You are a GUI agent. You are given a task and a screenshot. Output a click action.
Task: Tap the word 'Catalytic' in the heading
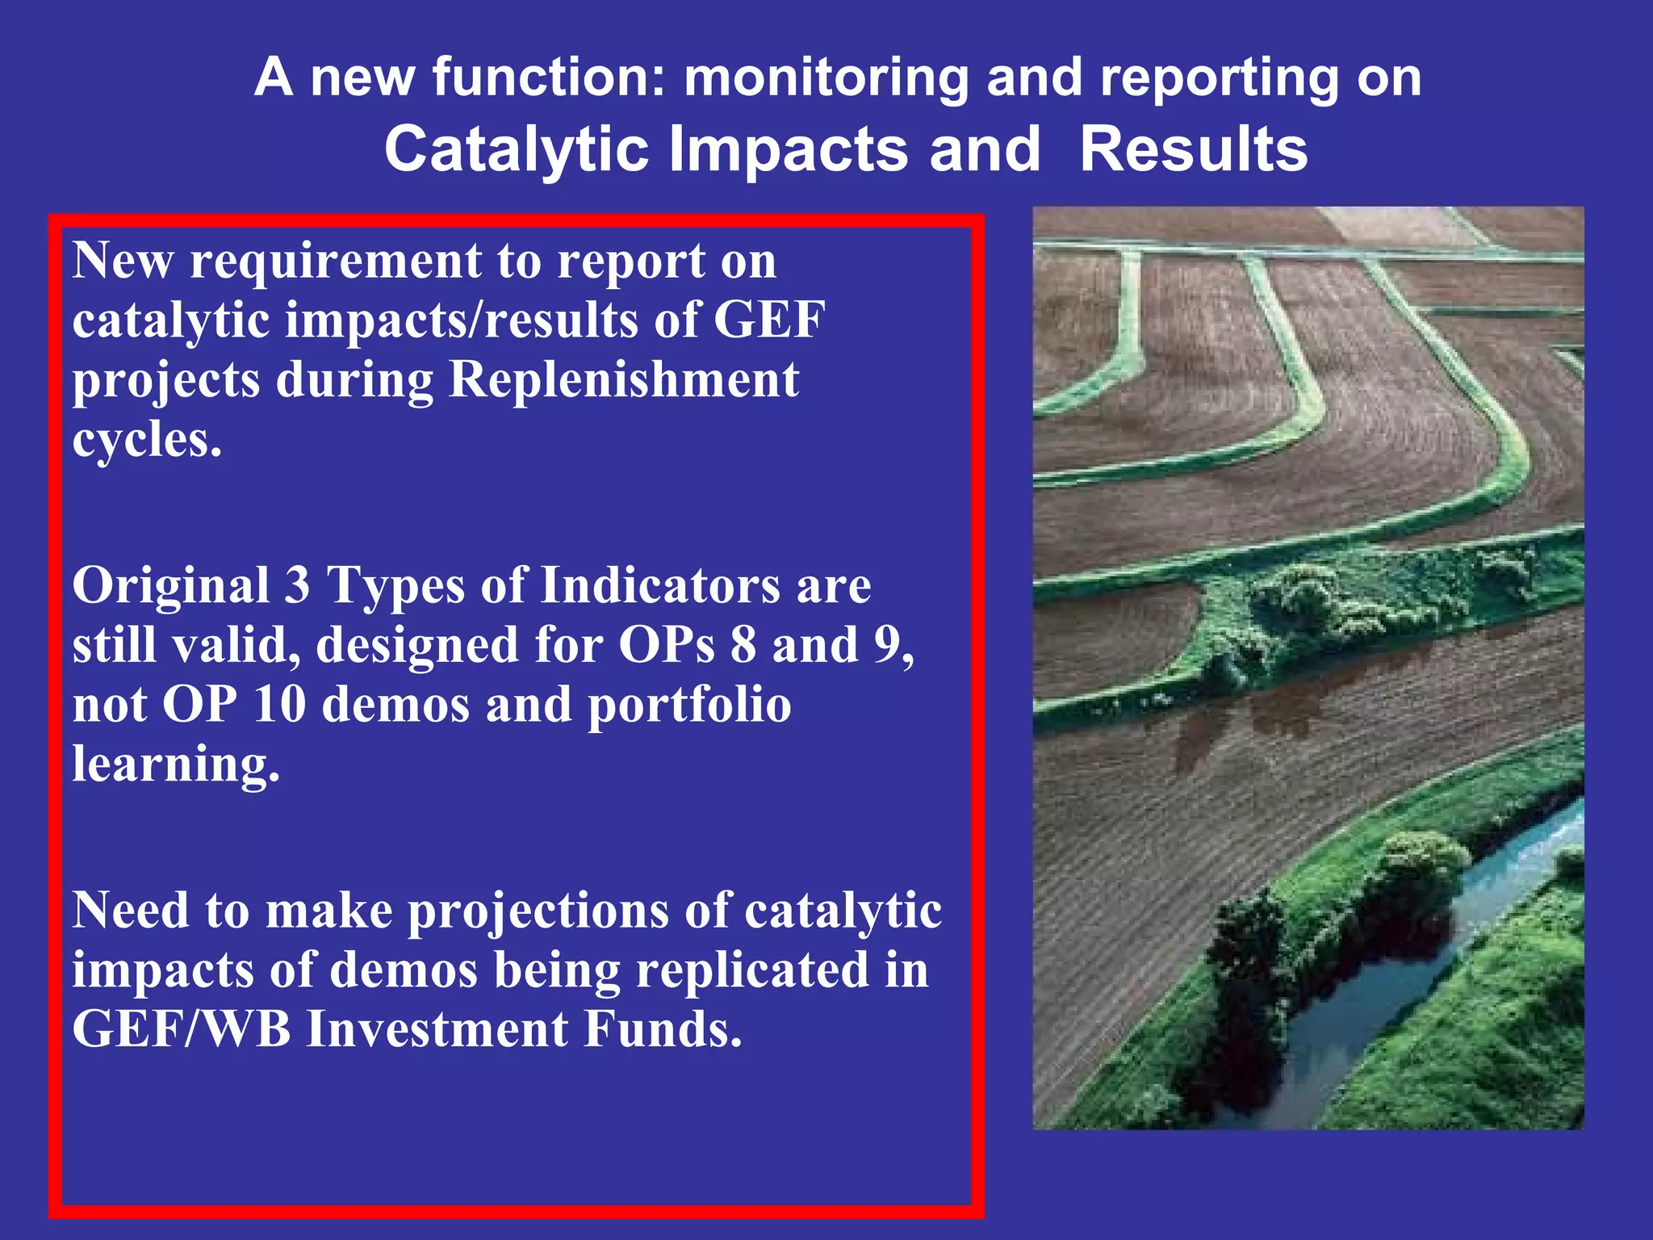click(x=517, y=151)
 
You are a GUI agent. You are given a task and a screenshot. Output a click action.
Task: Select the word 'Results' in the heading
click(x=1193, y=151)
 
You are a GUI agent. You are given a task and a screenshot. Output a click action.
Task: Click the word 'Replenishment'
click(x=623, y=379)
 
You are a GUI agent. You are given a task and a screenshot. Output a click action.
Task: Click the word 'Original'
click(x=170, y=585)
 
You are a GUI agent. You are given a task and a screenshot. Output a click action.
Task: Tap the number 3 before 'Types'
click(x=297, y=585)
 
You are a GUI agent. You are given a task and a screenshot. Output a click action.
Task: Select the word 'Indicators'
click(x=659, y=585)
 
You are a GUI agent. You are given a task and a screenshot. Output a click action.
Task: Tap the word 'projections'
click(x=538, y=912)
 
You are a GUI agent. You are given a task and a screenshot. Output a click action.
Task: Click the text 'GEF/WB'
click(x=181, y=1030)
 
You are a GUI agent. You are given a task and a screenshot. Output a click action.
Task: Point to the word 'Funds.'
click(x=662, y=1030)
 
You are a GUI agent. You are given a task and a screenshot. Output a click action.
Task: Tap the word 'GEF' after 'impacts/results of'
click(x=768, y=320)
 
